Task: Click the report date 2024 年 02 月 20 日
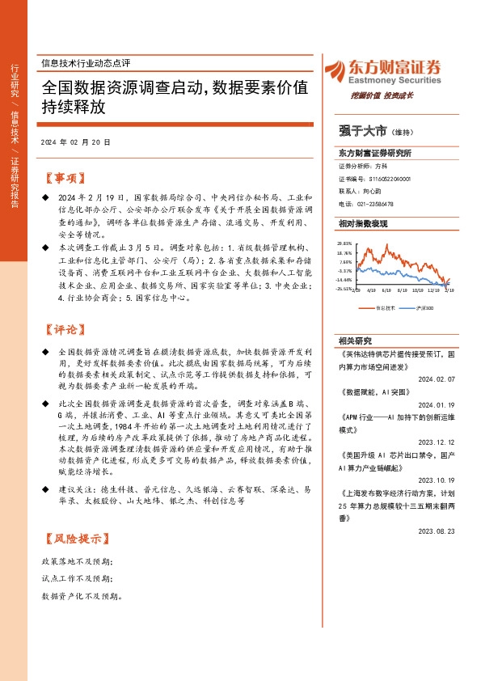click(x=75, y=142)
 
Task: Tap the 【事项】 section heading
click(x=62, y=178)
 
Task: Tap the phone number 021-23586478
click(x=375, y=204)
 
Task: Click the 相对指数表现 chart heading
click(x=363, y=222)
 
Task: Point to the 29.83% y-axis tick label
click(x=345, y=243)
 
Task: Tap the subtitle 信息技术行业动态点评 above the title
click(x=85, y=63)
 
